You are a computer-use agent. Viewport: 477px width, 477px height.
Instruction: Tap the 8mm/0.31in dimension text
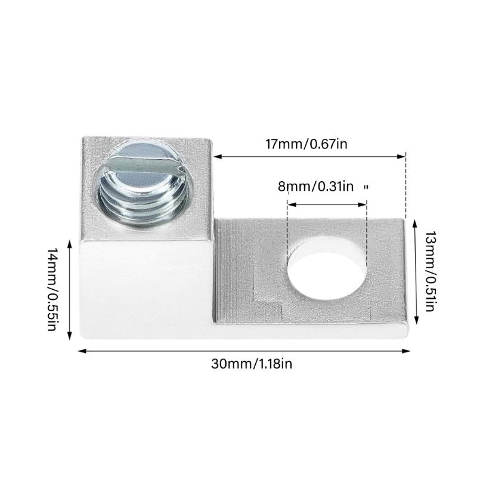pos(315,186)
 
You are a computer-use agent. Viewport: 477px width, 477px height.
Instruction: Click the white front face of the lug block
pos(143,286)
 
